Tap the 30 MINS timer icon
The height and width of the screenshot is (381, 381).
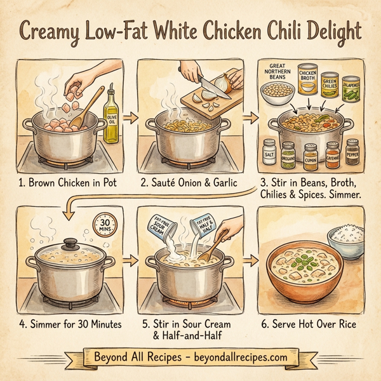[x=104, y=225]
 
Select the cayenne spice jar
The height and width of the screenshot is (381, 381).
[x=332, y=154]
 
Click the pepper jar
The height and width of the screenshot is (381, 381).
[x=352, y=152]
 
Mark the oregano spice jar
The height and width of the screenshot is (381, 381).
[x=289, y=155]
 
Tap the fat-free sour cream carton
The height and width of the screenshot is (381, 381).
[x=162, y=227]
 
